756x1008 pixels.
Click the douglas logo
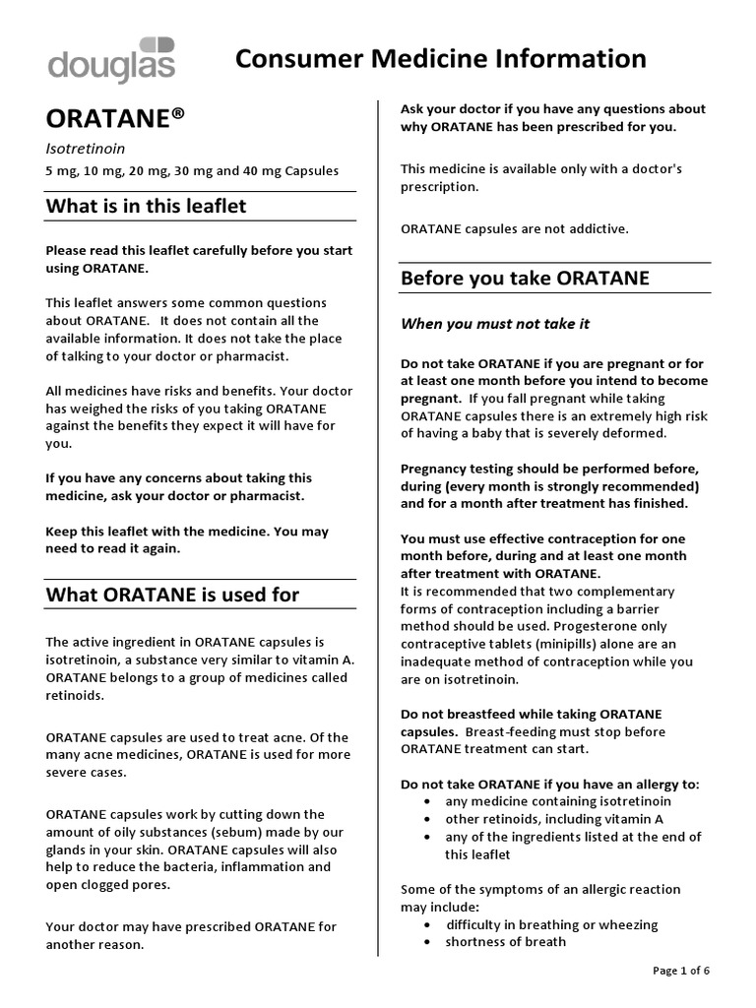click(x=111, y=61)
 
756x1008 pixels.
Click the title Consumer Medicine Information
click(x=441, y=59)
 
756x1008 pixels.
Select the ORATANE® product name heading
click(x=115, y=118)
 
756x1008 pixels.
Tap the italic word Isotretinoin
click(x=82, y=149)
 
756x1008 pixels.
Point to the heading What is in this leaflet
click(x=147, y=206)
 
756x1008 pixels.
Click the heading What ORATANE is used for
click(x=172, y=594)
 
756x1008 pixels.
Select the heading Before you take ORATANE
click(x=525, y=278)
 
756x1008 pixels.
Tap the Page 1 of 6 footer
click(x=681, y=971)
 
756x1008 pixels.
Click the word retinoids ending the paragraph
click(x=74, y=694)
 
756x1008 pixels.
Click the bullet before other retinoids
click(x=425, y=819)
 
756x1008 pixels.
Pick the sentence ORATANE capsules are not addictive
click(x=514, y=228)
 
